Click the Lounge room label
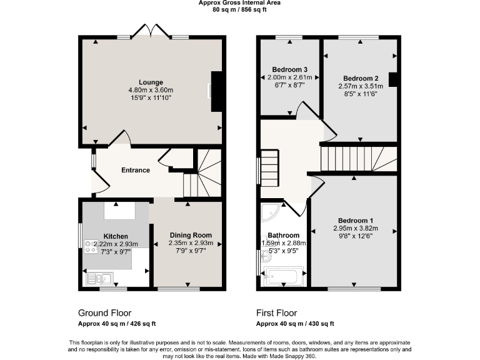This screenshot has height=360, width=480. coord(151,82)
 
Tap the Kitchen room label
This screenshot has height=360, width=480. coord(116,236)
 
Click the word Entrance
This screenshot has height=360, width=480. coord(135,170)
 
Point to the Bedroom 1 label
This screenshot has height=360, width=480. coord(356,221)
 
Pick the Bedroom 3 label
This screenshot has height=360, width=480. coord(289,69)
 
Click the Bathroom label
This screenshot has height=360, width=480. coord(282,236)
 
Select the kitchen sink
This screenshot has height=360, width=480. coord(99,279)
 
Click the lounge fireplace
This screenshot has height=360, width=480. coord(216,91)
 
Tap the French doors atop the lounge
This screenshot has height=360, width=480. coord(151,31)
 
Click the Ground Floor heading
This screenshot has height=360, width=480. coord(104,312)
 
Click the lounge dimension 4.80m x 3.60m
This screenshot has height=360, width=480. coord(151,90)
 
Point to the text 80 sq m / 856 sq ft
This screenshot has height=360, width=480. coord(239,10)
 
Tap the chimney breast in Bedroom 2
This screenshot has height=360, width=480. coord(393,79)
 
